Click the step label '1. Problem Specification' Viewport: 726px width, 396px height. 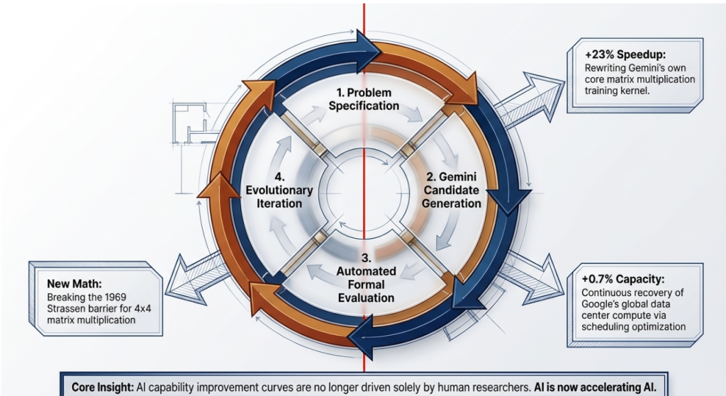364,100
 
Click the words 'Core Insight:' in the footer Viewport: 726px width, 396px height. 106,388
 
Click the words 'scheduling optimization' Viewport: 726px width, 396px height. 633,327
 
